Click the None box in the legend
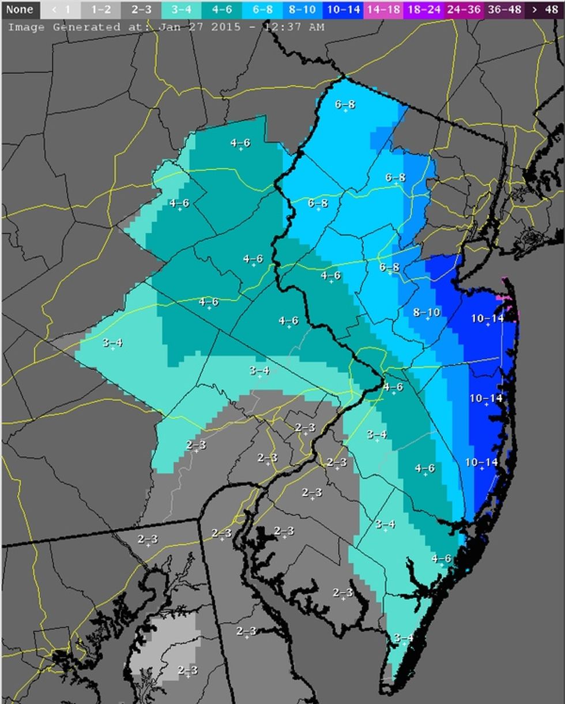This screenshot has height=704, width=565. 20,9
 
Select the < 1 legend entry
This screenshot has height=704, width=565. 61,9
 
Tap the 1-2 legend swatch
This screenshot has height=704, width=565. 101,9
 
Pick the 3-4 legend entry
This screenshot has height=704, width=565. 182,9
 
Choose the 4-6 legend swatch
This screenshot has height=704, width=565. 222,9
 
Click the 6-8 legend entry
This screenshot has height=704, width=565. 262,9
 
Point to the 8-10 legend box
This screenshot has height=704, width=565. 303,9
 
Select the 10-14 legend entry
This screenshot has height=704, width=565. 343,9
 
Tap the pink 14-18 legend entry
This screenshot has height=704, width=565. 383,9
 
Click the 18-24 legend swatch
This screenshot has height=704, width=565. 424,9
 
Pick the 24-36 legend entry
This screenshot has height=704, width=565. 464,9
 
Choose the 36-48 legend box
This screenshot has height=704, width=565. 504,9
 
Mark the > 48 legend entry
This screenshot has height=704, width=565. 545,9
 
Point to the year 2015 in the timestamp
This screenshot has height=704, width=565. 224,27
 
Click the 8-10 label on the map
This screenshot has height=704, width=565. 427,312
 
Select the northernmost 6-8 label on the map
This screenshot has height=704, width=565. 345,104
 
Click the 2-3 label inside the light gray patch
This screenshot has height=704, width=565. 187,670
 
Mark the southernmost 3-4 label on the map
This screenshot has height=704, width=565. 404,638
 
